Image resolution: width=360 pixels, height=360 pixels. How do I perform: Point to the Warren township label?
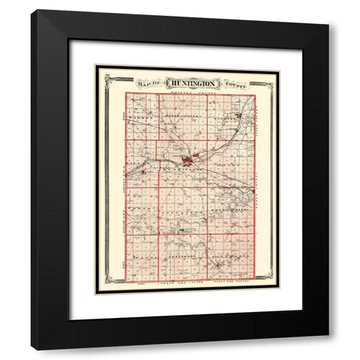140,118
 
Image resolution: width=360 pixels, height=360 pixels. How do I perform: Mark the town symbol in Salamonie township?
219,262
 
